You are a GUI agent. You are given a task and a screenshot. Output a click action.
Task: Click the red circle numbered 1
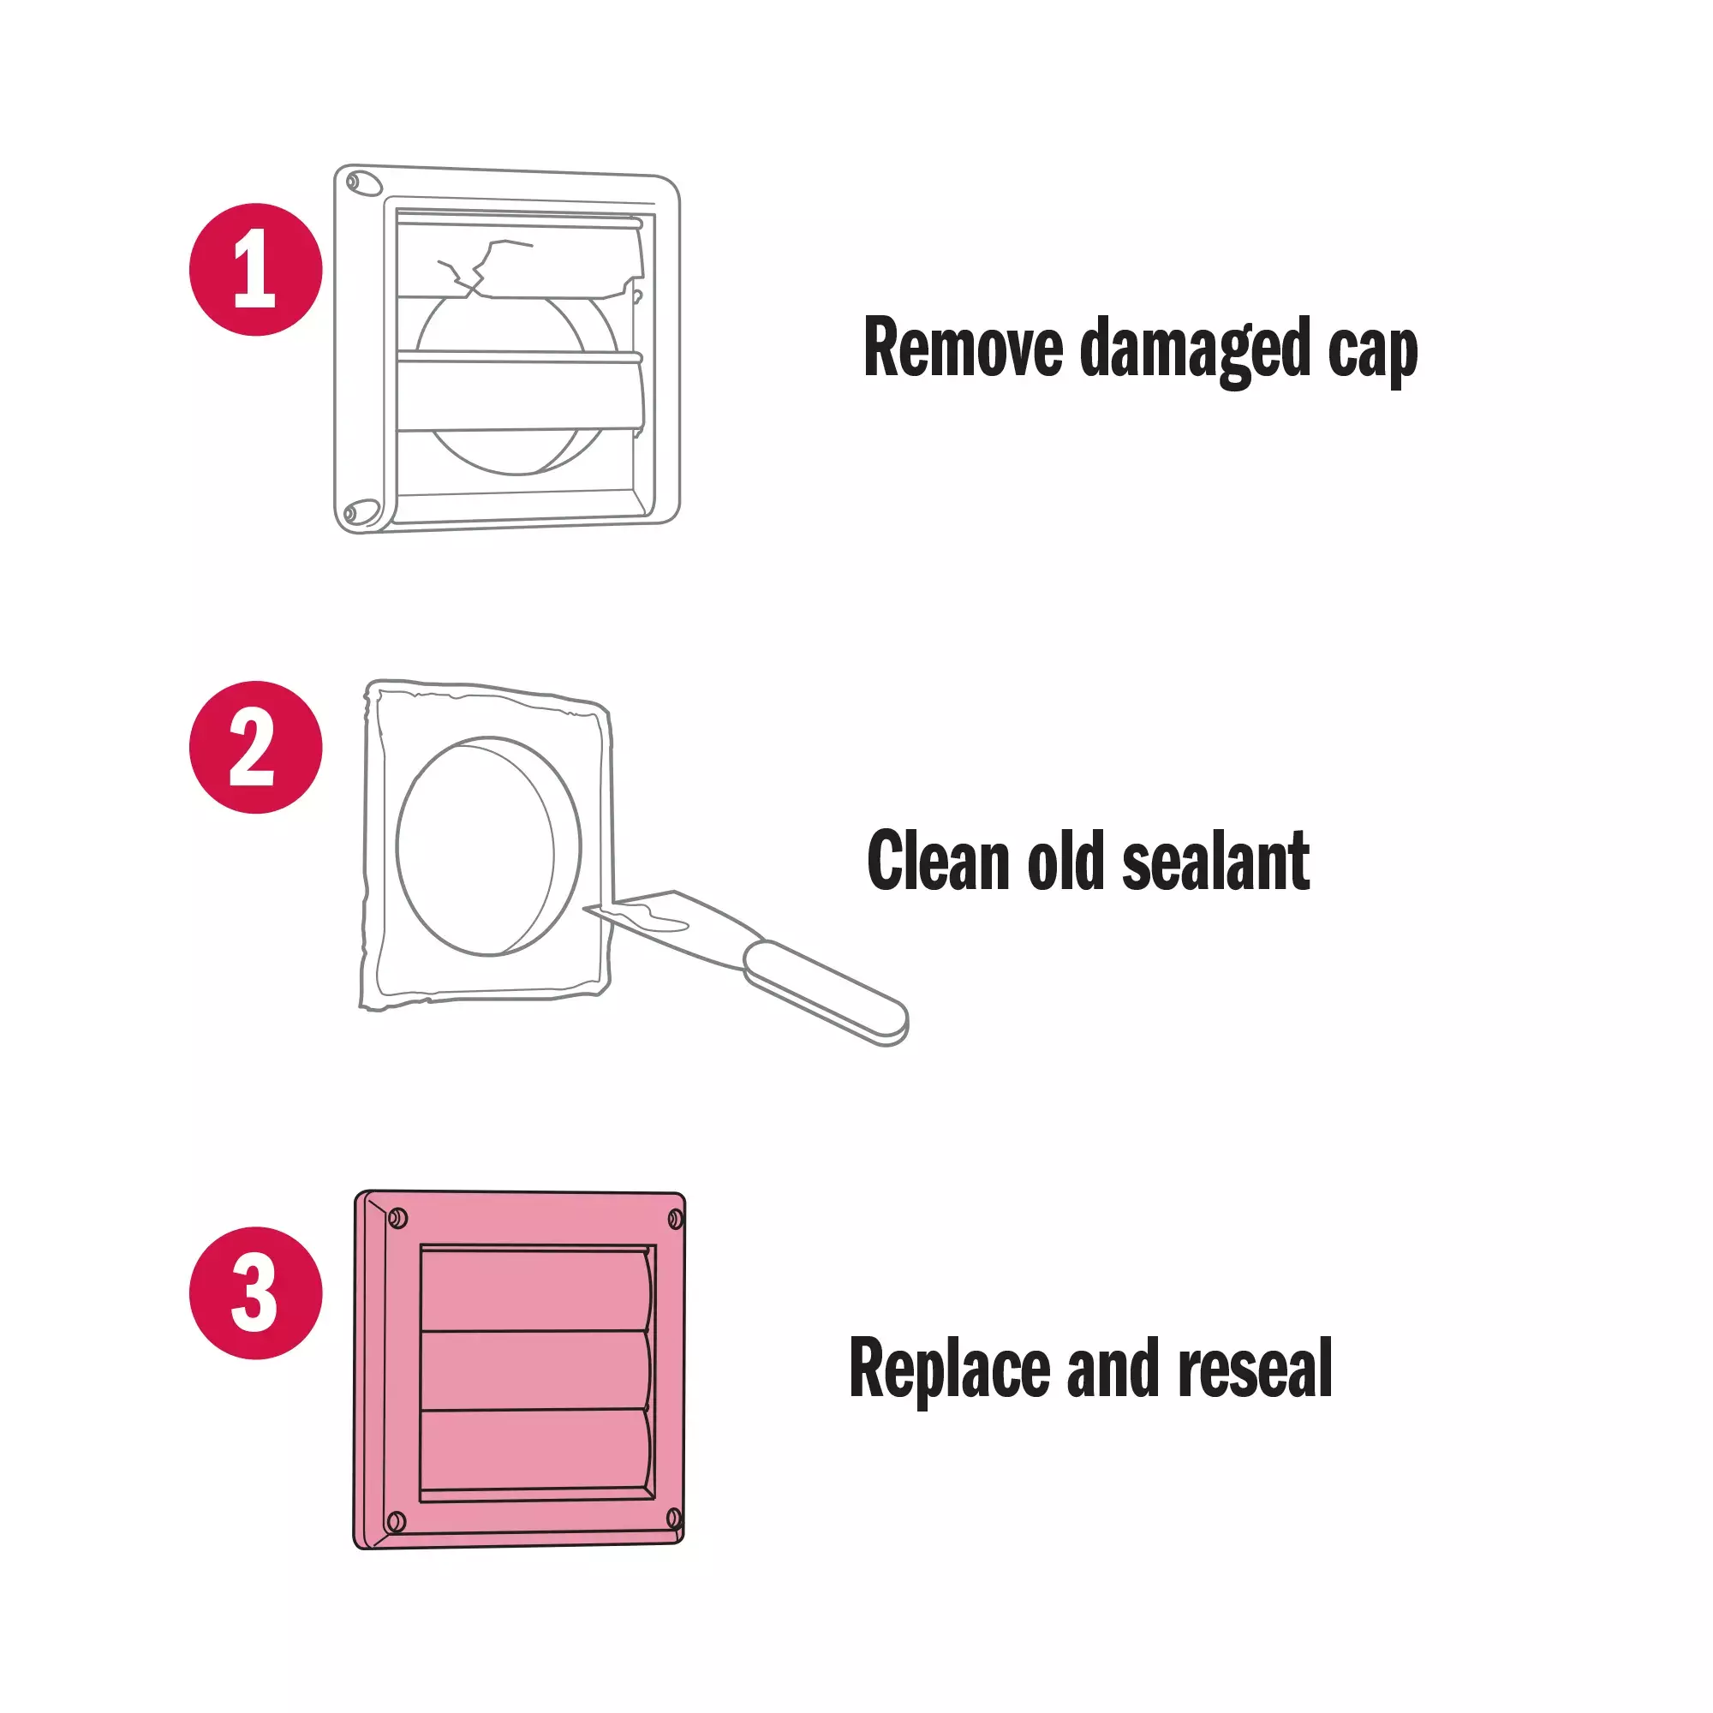(255, 270)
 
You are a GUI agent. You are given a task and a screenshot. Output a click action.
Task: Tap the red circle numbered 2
(255, 747)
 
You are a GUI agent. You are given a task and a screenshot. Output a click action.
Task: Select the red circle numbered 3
(255, 1292)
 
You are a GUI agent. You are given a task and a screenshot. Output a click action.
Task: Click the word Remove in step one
(963, 348)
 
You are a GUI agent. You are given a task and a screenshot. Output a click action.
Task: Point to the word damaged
(1195, 351)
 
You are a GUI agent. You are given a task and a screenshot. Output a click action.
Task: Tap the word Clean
(938, 860)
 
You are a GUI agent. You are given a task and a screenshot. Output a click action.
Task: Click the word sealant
(1215, 860)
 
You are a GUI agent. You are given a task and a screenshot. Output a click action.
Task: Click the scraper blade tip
(585, 908)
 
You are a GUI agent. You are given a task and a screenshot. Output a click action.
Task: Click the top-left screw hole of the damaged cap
(363, 183)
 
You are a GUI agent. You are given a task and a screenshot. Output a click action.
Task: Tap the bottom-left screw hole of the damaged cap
(361, 511)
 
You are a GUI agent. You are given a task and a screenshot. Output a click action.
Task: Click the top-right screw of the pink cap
(675, 1220)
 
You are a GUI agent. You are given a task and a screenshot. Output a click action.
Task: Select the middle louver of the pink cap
(537, 1370)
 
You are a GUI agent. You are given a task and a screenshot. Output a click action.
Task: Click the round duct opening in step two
(488, 846)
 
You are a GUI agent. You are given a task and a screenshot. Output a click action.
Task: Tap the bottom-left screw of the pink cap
(397, 1522)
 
